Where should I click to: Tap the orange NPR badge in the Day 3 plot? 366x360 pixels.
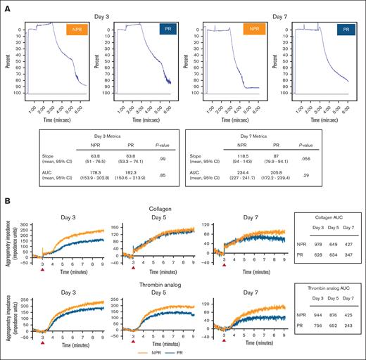coord(75,31)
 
